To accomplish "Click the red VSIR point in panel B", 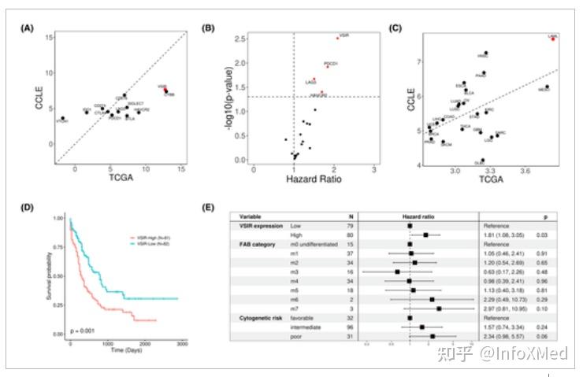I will click(336, 38).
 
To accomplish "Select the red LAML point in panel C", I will click(553, 39).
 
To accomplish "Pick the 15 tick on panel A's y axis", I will click(49, 37).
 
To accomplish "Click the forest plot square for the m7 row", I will click(439, 309).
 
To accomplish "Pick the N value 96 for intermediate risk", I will click(350, 327).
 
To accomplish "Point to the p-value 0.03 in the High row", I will click(543, 235).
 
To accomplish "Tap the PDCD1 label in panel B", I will click(332, 63).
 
